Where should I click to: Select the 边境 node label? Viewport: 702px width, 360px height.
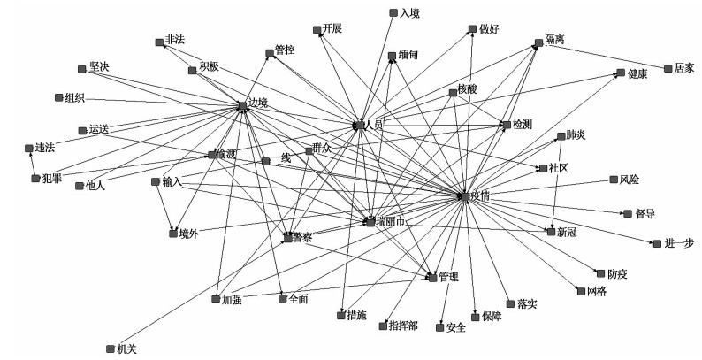257,103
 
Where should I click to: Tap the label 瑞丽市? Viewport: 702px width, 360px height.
390,220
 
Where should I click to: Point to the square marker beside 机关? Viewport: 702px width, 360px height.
109,349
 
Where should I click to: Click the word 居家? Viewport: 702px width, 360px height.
684,67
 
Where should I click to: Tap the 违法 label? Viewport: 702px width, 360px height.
45,148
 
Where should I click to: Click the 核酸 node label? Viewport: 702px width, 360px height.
468,90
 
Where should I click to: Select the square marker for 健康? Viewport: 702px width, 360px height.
622,75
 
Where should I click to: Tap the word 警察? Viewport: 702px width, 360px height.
303,238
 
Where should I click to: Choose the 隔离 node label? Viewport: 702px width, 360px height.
555,42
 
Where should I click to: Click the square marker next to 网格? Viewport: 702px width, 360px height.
579,291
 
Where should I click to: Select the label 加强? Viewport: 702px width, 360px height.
232,300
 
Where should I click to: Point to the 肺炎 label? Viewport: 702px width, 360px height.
576,135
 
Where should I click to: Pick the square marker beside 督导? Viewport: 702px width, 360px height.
626,213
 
